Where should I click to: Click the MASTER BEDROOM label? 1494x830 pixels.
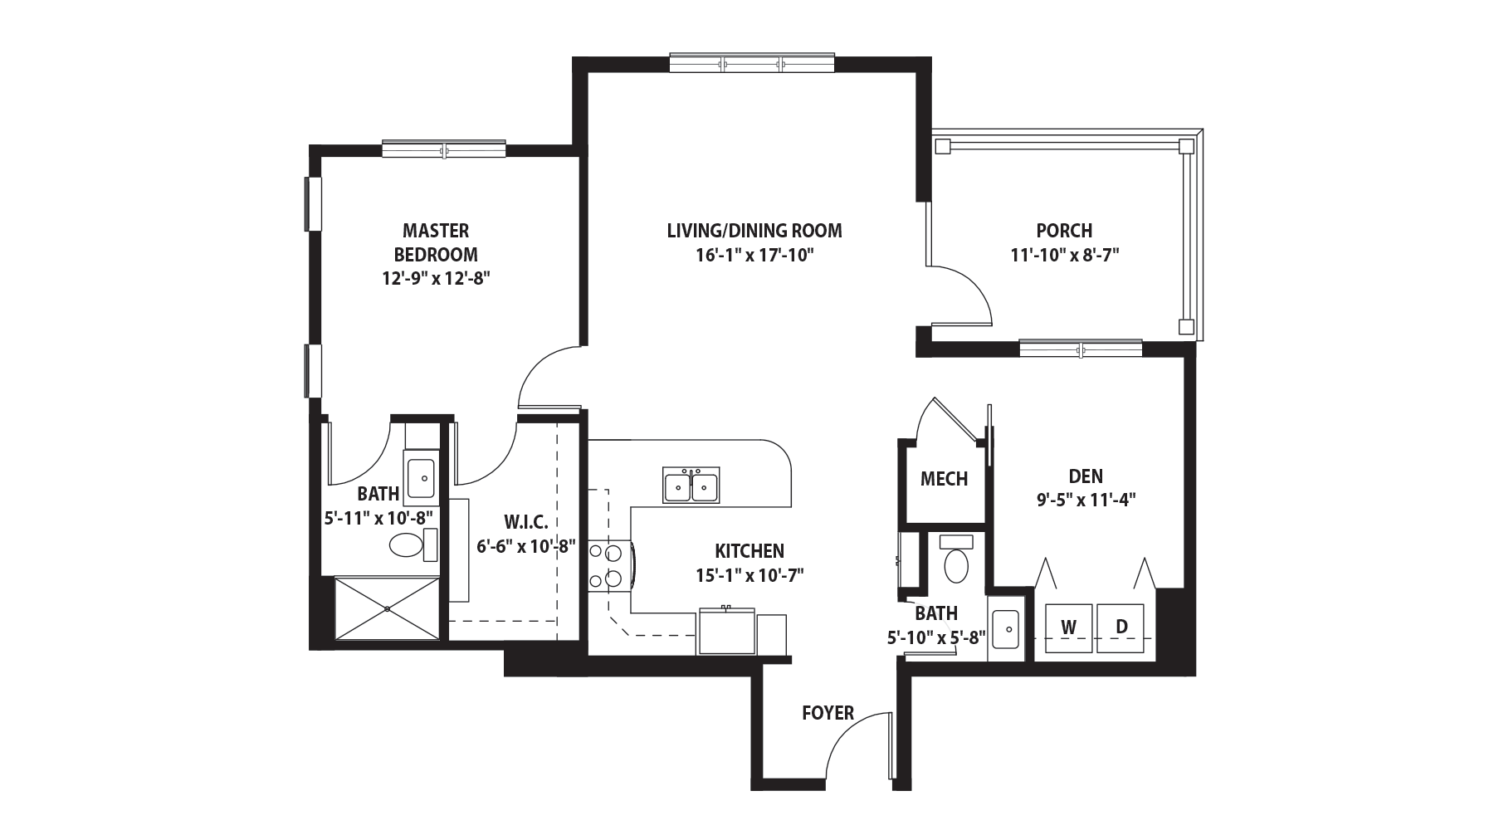click(x=436, y=242)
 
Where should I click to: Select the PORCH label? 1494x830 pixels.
click(x=1064, y=231)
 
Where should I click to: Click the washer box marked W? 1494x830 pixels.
click(x=1069, y=627)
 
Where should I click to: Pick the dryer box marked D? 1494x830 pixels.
click(x=1121, y=627)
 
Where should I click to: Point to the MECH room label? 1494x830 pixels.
click(x=944, y=479)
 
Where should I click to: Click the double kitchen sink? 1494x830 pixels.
click(x=691, y=485)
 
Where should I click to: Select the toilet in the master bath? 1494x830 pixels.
click(x=412, y=545)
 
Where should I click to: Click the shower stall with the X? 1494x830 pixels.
click(x=387, y=608)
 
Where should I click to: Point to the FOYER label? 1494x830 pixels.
click(x=828, y=713)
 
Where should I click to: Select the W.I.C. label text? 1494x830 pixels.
click(x=525, y=522)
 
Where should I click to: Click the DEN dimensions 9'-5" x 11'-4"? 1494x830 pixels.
click(x=1086, y=500)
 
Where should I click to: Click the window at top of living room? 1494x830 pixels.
click(x=752, y=62)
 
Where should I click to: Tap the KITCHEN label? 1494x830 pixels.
click(x=749, y=551)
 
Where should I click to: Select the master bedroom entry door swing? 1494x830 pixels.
click(x=548, y=378)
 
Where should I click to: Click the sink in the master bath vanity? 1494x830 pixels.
click(x=422, y=477)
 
